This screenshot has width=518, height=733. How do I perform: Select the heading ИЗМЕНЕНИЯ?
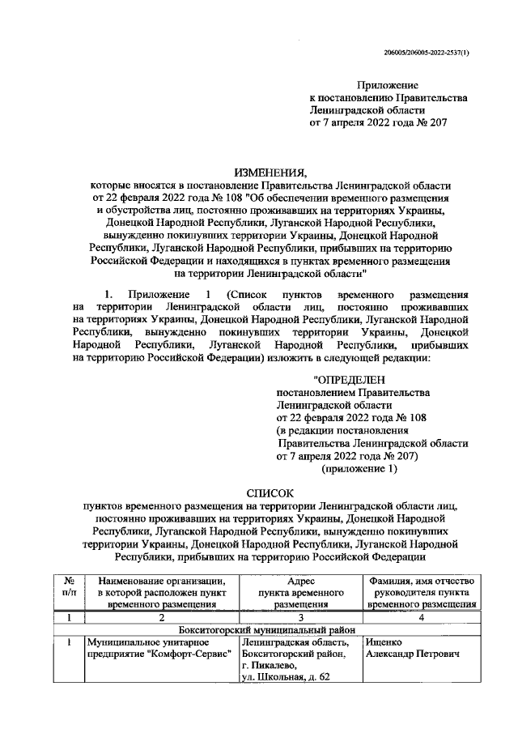tap(271, 172)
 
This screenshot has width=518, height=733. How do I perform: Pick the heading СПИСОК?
tap(270, 492)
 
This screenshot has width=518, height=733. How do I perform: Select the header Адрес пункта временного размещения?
tap(300, 592)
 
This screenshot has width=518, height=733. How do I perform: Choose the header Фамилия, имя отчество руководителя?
tap(420, 592)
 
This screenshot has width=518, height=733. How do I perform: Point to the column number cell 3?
tap(299, 617)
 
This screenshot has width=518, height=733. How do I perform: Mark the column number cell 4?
tap(420, 617)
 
